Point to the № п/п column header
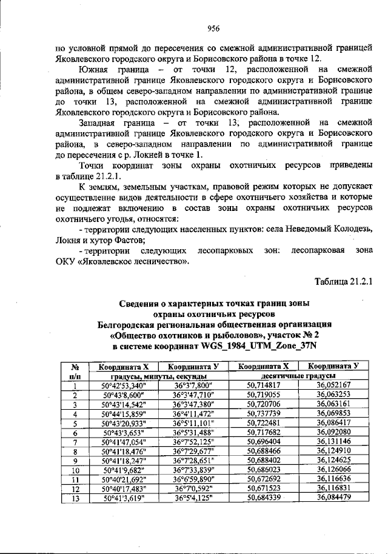[76, 371]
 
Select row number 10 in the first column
[76, 470]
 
